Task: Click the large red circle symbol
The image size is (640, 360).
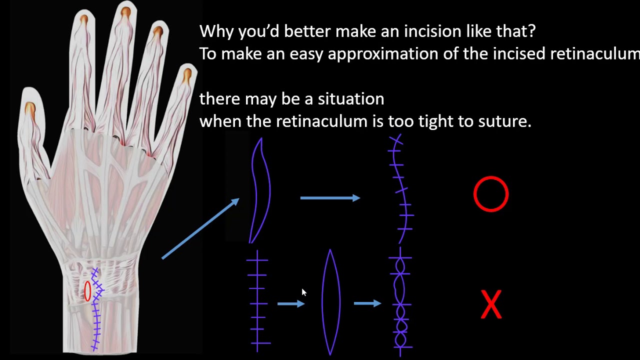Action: [x=491, y=194]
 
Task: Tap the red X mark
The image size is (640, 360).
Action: [x=491, y=304]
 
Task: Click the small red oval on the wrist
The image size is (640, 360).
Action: [x=88, y=291]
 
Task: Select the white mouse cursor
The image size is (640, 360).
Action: [x=303, y=292]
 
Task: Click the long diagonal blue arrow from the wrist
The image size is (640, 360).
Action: [x=200, y=228]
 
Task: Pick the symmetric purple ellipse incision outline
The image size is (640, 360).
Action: [x=330, y=302]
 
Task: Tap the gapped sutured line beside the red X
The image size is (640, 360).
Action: [x=400, y=302]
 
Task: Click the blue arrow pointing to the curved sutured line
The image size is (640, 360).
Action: [x=330, y=198]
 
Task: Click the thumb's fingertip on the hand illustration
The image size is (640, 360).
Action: [x=30, y=107]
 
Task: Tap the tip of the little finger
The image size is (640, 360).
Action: [x=186, y=76]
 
